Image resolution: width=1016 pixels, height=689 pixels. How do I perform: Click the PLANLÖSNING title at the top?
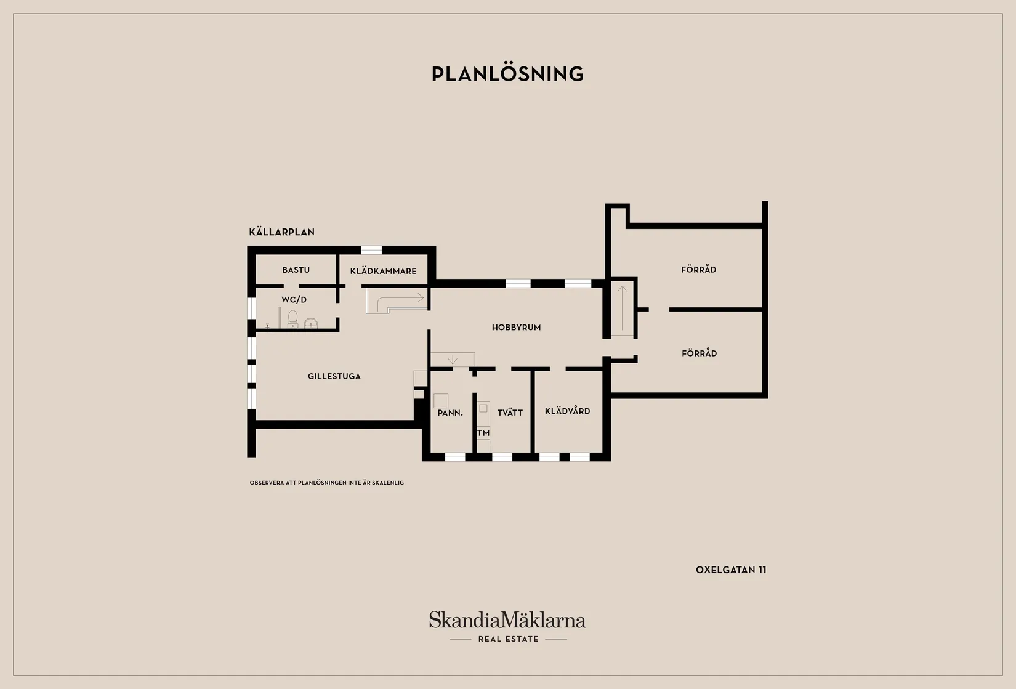507,74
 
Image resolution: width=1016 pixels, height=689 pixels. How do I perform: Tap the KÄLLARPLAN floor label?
281,232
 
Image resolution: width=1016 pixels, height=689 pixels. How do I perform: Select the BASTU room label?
296,270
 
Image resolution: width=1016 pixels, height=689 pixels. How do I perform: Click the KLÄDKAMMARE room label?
383,271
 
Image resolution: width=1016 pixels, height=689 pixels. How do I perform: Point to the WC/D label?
294,299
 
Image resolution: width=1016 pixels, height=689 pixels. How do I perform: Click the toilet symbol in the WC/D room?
292,319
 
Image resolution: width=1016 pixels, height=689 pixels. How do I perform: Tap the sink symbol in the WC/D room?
311,323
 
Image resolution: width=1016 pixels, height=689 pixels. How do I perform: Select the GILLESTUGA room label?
334,376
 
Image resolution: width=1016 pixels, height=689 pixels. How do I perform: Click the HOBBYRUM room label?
516,328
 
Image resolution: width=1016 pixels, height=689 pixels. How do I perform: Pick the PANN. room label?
450,413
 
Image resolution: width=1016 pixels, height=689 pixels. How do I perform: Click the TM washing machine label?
483,433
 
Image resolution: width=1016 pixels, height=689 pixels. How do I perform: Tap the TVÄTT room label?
510,413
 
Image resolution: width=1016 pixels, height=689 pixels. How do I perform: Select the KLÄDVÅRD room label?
567,411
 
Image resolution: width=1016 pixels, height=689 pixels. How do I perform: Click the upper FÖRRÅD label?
698,270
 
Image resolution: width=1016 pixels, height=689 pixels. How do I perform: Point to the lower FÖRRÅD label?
699,353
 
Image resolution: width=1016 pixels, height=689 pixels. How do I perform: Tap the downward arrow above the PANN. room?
453,359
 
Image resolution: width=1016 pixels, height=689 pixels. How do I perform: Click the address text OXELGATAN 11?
731,570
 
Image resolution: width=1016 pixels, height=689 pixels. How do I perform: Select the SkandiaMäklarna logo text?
507,620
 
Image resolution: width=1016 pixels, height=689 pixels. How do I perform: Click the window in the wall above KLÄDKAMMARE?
371,250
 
